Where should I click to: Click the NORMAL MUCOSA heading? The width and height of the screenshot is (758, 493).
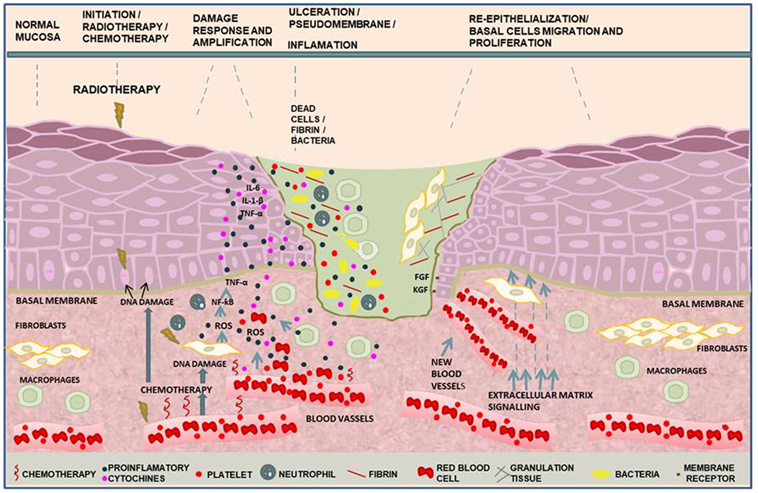(38, 31)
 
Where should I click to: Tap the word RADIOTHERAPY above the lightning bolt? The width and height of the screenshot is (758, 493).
(117, 89)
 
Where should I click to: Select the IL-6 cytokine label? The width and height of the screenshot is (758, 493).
(253, 188)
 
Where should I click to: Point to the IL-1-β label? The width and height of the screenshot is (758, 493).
(252, 201)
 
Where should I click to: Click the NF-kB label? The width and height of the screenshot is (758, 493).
(222, 302)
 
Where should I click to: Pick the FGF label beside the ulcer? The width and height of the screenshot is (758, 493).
(421, 277)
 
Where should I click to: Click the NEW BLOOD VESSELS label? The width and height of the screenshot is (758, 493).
(448, 374)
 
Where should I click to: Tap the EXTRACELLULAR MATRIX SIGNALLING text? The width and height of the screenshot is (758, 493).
(540, 401)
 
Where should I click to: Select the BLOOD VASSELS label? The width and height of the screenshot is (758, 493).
(340, 419)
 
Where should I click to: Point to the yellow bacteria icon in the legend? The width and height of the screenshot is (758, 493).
(600, 474)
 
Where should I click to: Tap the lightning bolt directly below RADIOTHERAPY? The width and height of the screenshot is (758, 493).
(119, 114)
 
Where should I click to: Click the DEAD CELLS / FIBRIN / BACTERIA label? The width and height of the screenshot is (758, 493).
(313, 124)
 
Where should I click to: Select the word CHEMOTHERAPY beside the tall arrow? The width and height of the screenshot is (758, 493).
(176, 390)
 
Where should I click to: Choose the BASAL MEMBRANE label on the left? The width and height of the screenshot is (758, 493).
(57, 301)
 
